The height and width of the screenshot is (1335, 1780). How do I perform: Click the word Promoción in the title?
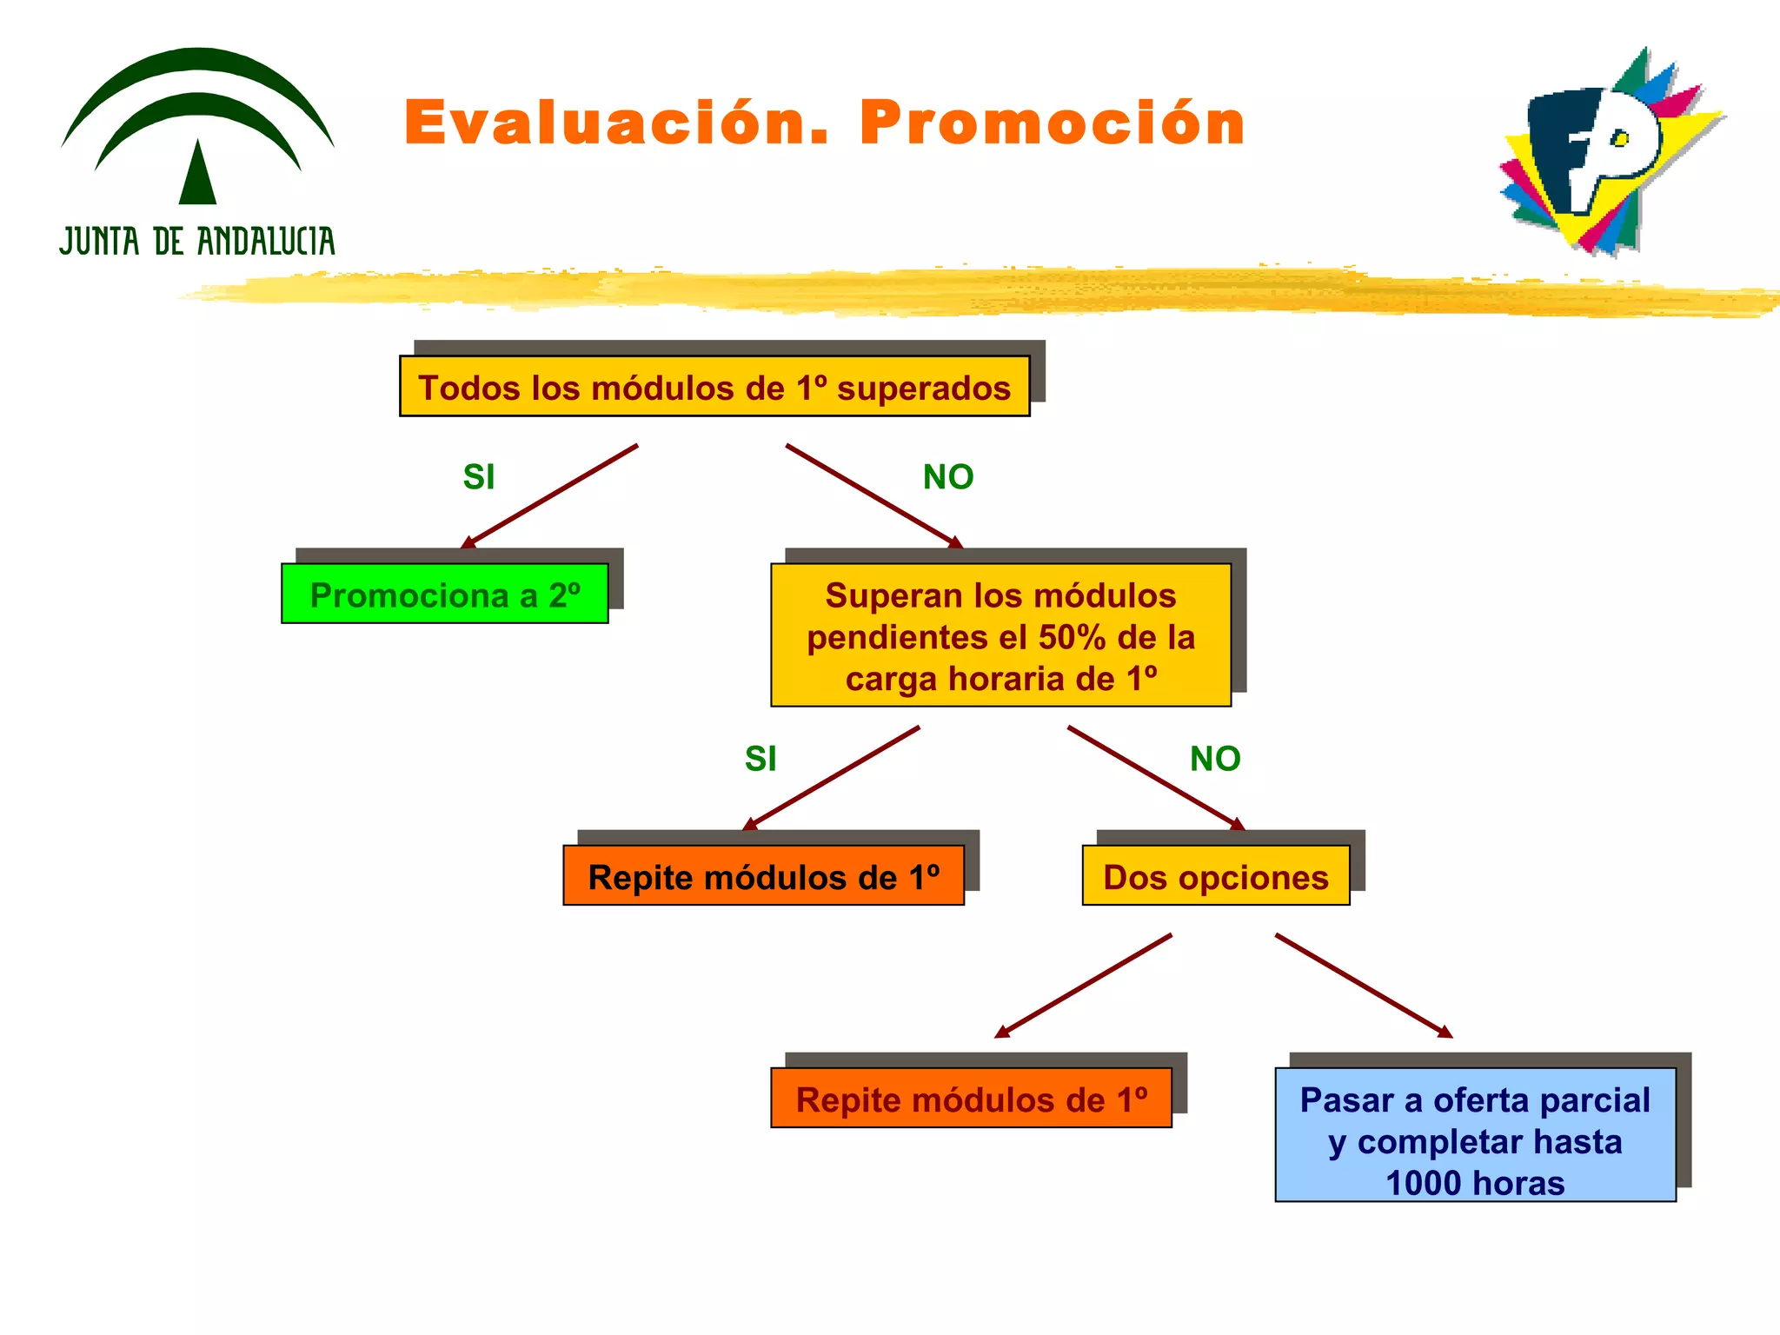[x=1053, y=123]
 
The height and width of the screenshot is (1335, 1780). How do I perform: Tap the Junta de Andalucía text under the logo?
[x=197, y=241]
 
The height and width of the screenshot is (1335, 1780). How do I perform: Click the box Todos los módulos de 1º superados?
[x=714, y=387]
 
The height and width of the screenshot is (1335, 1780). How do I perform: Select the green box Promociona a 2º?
[x=444, y=594]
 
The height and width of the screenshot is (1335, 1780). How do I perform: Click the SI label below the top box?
[x=479, y=477]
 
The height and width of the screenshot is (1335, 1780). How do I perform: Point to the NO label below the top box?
[x=947, y=477]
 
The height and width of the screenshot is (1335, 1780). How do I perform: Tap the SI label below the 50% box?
[x=760, y=759]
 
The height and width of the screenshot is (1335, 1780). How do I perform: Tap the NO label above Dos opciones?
[x=1214, y=759]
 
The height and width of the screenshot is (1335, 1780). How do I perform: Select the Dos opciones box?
[x=1215, y=876]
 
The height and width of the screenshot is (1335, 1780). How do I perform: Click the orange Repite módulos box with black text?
[x=763, y=876]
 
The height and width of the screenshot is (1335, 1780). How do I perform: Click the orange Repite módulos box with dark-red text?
[x=971, y=1099]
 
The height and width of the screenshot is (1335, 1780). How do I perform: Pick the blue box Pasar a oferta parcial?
[x=1474, y=1134]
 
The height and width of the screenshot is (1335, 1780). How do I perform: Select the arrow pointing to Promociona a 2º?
[x=550, y=496]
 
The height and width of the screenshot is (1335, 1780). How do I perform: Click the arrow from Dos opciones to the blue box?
[x=1363, y=986]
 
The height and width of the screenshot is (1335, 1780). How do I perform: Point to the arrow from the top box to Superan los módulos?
[x=873, y=496]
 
